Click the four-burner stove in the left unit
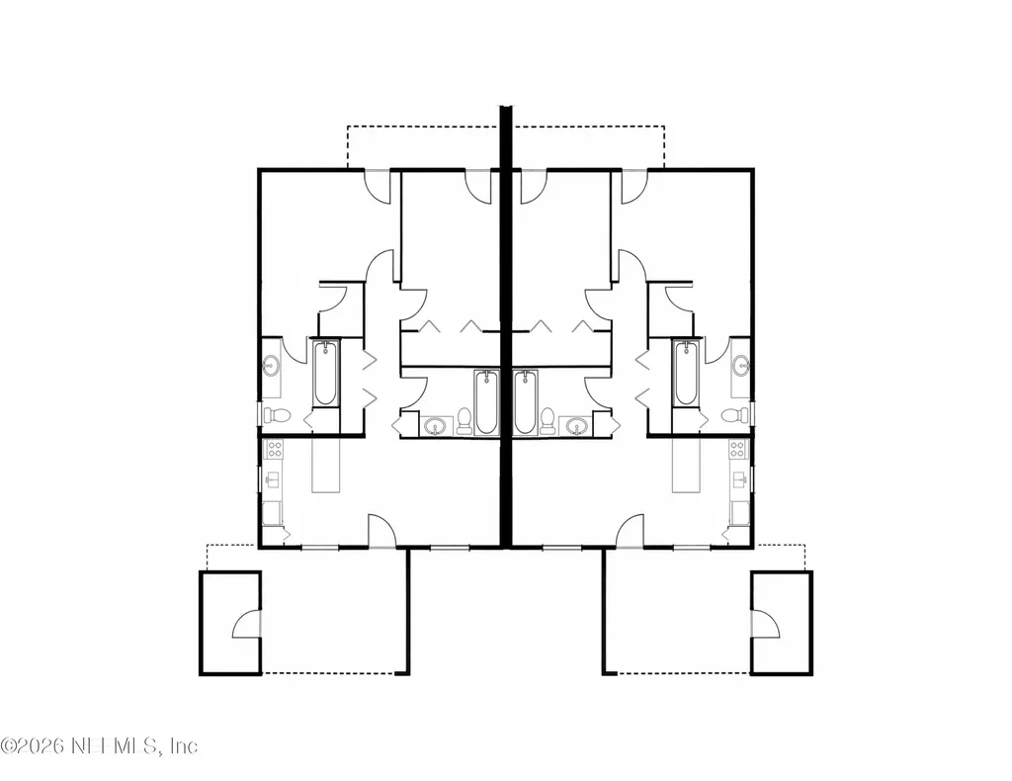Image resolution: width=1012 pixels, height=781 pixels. point(275,449)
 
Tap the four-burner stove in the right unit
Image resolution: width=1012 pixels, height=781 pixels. point(738,449)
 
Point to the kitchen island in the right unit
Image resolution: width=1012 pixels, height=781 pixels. point(686,465)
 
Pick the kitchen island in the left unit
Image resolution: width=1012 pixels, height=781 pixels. point(326,465)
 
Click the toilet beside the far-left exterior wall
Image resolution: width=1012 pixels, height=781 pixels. point(277,416)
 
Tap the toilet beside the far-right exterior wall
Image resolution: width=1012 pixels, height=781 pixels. point(735,416)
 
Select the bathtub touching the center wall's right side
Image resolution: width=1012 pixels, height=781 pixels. point(527,402)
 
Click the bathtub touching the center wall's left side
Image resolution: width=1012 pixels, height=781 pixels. point(486,402)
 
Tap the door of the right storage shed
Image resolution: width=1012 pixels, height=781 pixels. point(766,624)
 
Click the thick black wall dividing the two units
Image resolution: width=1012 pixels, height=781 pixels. point(506,326)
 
